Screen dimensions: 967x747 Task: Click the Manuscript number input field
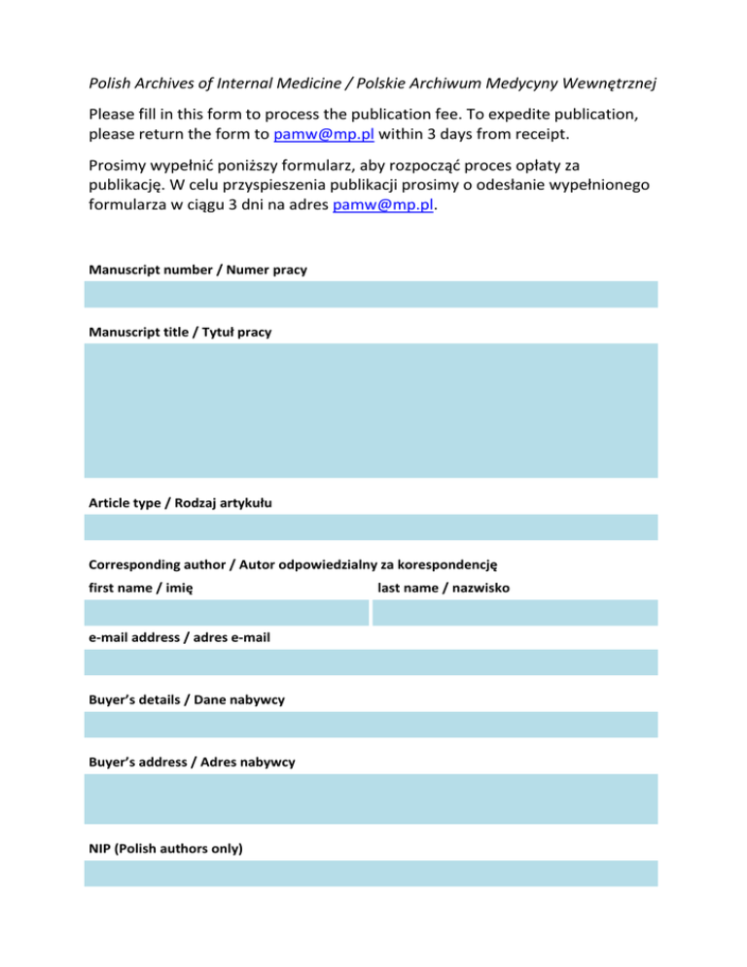point(371,294)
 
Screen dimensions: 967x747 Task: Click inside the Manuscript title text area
point(371,410)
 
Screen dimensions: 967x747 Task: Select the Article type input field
point(371,527)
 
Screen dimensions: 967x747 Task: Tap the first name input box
point(227,613)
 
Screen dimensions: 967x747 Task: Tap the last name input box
point(515,613)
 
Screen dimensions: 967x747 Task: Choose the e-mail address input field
point(371,663)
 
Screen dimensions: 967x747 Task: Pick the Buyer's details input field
point(371,725)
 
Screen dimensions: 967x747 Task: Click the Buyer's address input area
point(371,799)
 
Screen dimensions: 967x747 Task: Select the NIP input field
point(371,873)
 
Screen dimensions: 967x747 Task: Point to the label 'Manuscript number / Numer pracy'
point(197,269)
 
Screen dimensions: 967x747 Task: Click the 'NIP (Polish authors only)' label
point(166,848)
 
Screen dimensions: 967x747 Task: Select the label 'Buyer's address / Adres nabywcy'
point(192,762)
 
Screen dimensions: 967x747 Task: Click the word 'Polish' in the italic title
point(112,84)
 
